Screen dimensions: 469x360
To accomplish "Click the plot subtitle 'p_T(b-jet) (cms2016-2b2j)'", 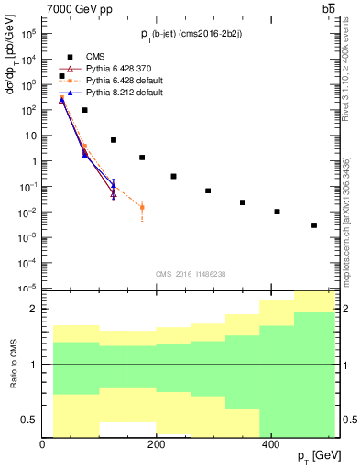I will [191, 34].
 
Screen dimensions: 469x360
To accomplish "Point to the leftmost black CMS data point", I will [61, 76].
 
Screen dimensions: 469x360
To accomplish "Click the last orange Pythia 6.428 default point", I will [142, 208].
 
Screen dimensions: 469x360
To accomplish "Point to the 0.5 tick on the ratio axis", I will [32, 420].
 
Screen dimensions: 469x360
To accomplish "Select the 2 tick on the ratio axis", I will [34, 309].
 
